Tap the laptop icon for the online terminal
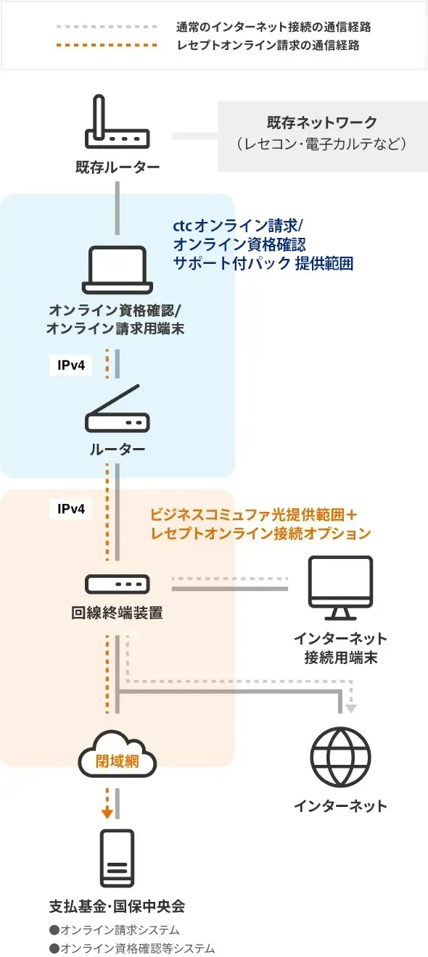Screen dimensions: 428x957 [117, 270]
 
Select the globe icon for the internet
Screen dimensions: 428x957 [340, 757]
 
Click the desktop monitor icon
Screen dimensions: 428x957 [340, 588]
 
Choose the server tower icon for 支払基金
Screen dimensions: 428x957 [117, 858]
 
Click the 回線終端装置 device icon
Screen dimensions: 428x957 [117, 584]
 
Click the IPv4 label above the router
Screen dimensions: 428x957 [71, 365]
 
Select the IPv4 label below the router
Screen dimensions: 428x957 [71, 508]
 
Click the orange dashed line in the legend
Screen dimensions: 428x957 [107, 45]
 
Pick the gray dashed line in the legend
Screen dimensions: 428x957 [107, 27]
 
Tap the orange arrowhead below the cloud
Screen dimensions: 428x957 [107, 813]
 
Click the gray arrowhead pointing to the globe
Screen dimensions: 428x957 [350, 709]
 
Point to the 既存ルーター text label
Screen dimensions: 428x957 [118, 167]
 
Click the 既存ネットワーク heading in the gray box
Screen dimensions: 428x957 [321, 123]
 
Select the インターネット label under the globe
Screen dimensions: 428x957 [340, 805]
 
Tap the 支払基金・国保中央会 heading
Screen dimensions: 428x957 [117, 906]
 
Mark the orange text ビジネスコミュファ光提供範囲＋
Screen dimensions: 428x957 [254, 515]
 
